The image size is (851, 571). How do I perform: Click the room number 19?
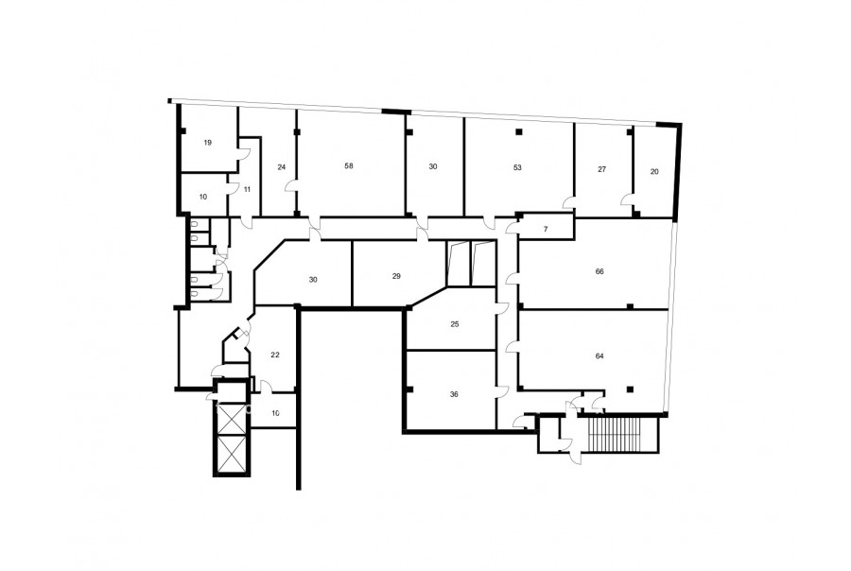(208, 143)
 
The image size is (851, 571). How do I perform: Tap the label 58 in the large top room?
(349, 165)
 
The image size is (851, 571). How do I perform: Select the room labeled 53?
(517, 167)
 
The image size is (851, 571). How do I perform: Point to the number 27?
(602, 169)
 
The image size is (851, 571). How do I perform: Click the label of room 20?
(654, 171)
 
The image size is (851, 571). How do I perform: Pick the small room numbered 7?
(546, 229)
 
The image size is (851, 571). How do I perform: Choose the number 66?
(599, 271)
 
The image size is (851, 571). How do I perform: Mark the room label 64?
(599, 356)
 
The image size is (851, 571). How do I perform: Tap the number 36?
(454, 394)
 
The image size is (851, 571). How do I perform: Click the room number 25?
(455, 324)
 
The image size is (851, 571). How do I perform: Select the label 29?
(396, 276)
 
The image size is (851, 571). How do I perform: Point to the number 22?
(275, 355)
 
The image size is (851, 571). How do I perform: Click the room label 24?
(281, 167)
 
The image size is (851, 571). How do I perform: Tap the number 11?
(248, 189)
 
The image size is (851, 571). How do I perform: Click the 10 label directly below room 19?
(203, 197)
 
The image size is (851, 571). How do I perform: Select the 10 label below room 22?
(276, 413)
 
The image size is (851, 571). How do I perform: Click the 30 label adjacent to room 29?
(313, 280)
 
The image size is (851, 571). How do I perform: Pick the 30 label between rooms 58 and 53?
(432, 166)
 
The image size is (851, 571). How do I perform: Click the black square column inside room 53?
(519, 132)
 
